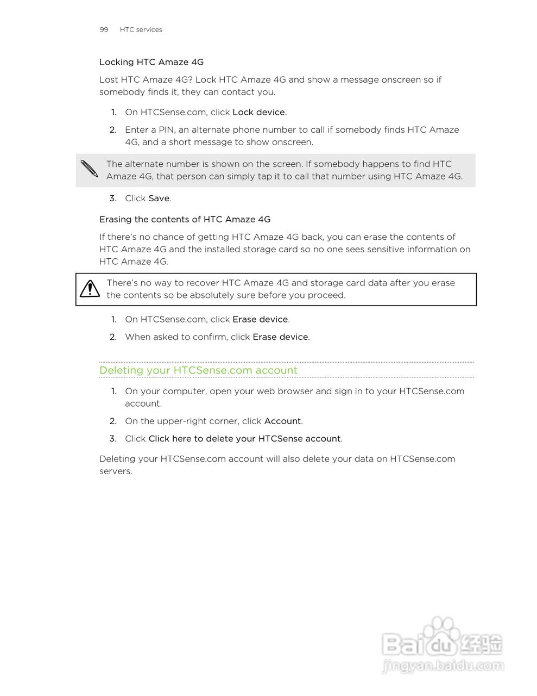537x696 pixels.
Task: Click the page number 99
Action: click(104, 30)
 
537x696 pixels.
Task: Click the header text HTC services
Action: click(141, 30)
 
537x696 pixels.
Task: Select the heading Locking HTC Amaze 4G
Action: click(151, 62)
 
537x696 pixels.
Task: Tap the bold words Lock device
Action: click(258, 112)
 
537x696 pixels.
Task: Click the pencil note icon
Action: click(90, 169)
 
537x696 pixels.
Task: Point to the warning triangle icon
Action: click(90, 289)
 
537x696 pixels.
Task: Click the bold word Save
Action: click(159, 198)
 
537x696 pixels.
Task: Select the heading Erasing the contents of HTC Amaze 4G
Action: click(185, 219)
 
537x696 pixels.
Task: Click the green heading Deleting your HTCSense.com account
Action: click(198, 370)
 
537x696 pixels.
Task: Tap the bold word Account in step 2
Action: click(282, 421)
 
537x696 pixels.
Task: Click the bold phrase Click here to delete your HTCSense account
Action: click(244, 439)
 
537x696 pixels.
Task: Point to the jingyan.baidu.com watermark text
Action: click(443, 666)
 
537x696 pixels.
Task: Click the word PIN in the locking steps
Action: click(166, 130)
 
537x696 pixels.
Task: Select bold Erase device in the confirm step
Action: click(280, 337)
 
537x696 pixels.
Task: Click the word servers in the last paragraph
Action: click(115, 471)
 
